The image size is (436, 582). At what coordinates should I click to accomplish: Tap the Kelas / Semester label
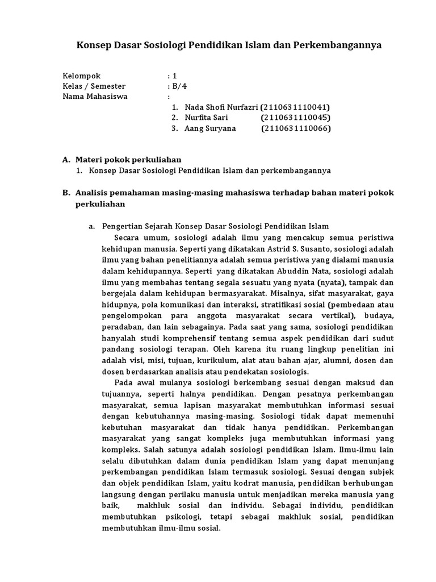click(94, 86)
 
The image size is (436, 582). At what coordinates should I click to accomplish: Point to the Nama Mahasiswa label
click(95, 96)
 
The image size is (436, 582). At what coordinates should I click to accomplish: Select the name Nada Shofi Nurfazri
click(221, 107)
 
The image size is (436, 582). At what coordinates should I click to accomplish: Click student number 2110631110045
click(296, 118)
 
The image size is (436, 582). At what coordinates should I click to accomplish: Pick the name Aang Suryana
click(209, 128)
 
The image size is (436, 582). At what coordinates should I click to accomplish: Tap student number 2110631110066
click(296, 128)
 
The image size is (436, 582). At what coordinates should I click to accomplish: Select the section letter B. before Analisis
click(66, 193)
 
